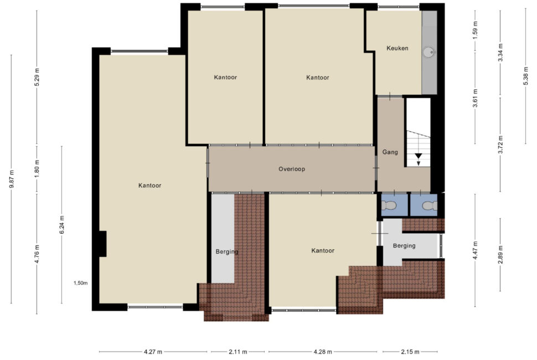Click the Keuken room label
coord(397,48)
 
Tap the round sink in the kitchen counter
coord(428,53)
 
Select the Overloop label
coord(291,169)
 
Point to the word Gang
coord(390,152)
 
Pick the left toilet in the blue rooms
coord(389,205)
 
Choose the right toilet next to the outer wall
coord(430,205)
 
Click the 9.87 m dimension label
coord(12,179)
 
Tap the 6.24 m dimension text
coord(62,225)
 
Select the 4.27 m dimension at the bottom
coord(153,352)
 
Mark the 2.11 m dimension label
coord(237,352)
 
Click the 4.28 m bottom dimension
coord(323,352)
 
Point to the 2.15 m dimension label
coord(410,352)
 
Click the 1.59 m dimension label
coord(475,30)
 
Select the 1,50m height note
coord(80,283)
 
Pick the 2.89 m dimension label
coord(500,255)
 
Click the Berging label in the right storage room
coord(404,245)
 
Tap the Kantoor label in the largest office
coord(149,186)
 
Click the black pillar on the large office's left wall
coord(102,244)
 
